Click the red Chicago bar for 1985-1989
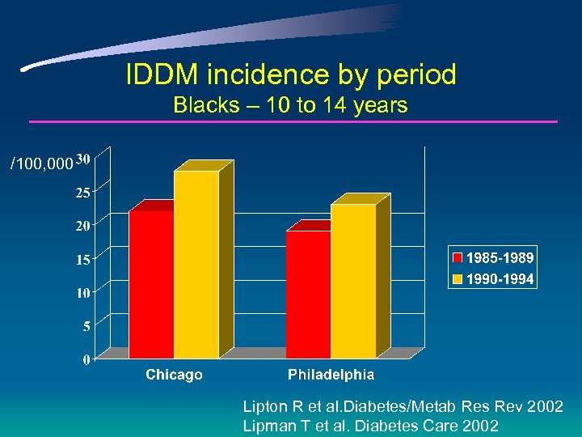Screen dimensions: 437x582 coord(151,283)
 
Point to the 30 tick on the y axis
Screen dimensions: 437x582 coord(84,159)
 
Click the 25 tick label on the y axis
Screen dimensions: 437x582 coord(84,193)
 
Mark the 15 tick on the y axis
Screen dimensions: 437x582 coord(84,260)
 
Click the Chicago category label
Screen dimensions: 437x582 coord(174,375)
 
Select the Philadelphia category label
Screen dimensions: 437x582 coord(331,375)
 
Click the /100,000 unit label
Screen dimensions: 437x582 coord(40,164)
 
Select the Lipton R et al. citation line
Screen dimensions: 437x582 coord(403,407)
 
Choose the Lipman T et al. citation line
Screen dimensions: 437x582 coord(370,426)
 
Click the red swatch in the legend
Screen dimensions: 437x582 coord(458,258)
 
